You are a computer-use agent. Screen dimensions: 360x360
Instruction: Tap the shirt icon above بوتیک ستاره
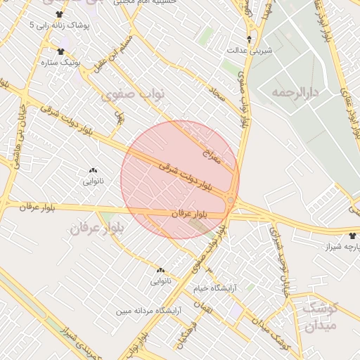pyautogui.click(x=59, y=51)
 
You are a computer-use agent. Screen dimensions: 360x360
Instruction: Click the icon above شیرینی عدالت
pyautogui.click(x=248, y=38)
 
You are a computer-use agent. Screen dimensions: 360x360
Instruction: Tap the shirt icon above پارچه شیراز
pyautogui.click(x=352, y=235)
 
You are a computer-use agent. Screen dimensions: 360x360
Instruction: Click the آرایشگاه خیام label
pyautogui.click(x=215, y=289)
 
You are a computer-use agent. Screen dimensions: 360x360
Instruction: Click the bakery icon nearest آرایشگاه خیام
pyautogui.click(x=160, y=270)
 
